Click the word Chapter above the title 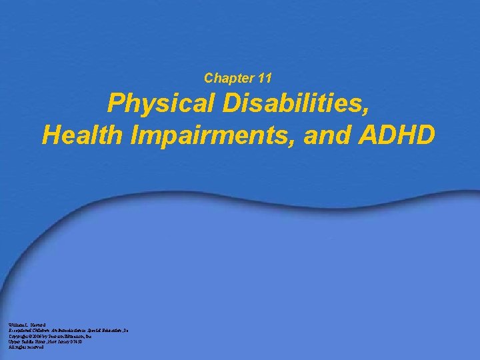[x=225, y=79]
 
